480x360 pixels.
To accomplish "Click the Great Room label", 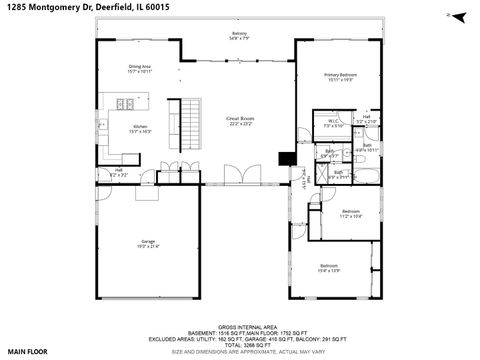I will (x=239, y=120).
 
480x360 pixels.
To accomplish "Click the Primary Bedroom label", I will (x=340, y=77).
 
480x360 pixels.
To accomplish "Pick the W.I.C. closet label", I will (x=334, y=123).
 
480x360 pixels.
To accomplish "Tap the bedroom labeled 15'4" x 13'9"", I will (x=331, y=269).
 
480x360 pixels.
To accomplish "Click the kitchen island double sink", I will (x=127, y=104).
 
